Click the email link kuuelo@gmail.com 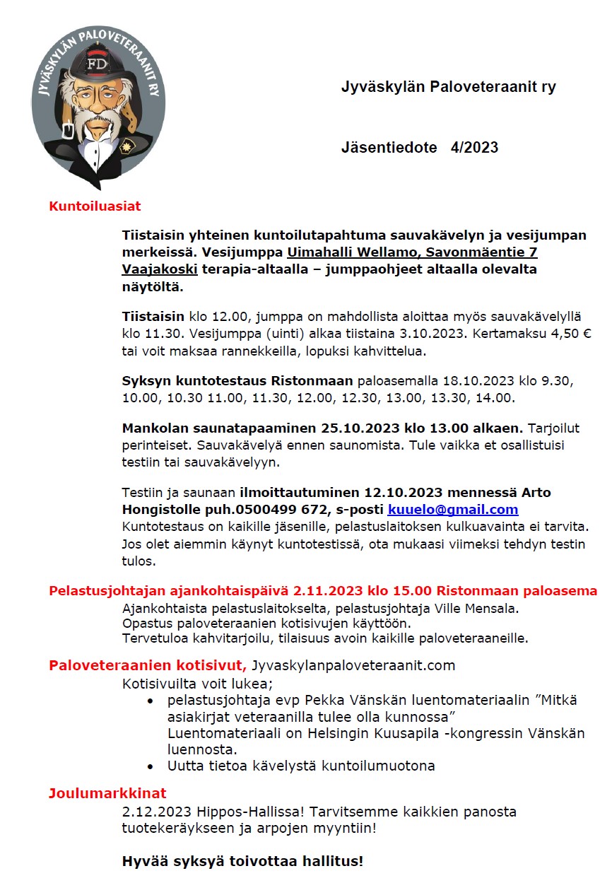click(453, 510)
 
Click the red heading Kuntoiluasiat click(95, 206)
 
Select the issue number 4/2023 click(474, 148)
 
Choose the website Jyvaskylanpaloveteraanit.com click(353, 665)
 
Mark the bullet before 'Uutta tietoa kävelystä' click(151, 766)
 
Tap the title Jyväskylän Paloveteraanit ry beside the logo click(448, 87)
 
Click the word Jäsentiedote click(389, 148)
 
